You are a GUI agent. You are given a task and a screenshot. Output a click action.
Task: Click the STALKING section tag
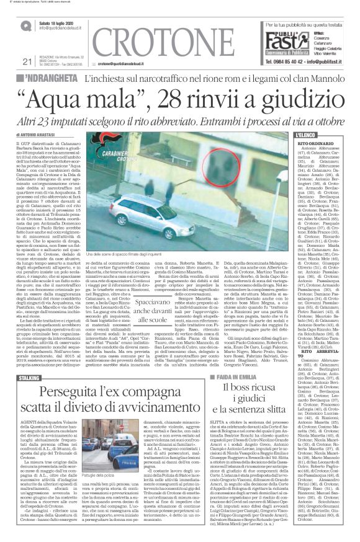35,342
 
